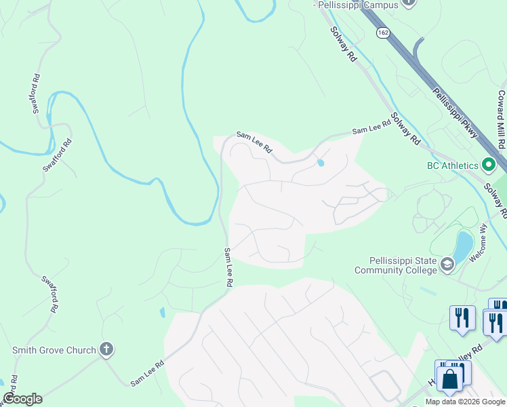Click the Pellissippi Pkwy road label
(x=455, y=111)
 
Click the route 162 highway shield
(x=383, y=32)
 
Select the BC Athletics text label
(x=453, y=165)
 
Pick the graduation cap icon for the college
(x=447, y=264)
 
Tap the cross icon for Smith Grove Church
(x=105, y=349)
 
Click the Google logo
(x=22, y=399)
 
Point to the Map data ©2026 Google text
(x=465, y=402)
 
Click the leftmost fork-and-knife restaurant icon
(x=462, y=317)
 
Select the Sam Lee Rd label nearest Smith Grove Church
(x=148, y=372)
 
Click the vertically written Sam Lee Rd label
(x=229, y=267)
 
